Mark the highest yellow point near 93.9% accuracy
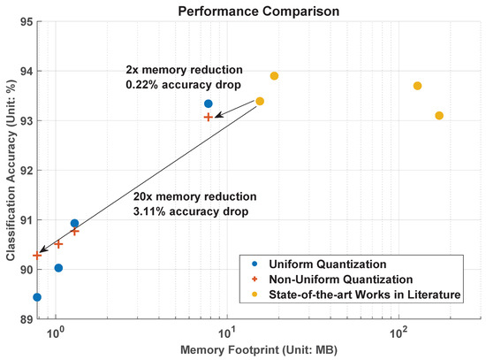274,76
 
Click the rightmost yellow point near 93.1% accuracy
439,116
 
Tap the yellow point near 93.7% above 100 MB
417,86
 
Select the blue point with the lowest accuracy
37,297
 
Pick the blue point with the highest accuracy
209,103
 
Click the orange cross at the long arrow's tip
37,255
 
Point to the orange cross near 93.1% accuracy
209,117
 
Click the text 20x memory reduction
194,195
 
